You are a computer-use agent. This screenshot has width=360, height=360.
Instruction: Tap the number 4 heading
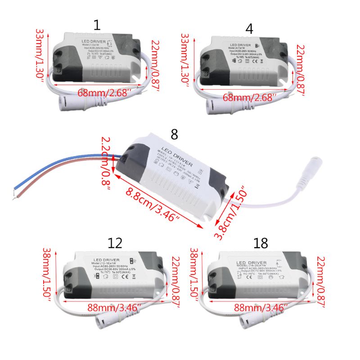(x=249, y=29)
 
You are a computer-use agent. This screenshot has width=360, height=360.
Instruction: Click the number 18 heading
(x=261, y=243)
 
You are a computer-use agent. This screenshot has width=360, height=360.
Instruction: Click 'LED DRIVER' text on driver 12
(x=106, y=261)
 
